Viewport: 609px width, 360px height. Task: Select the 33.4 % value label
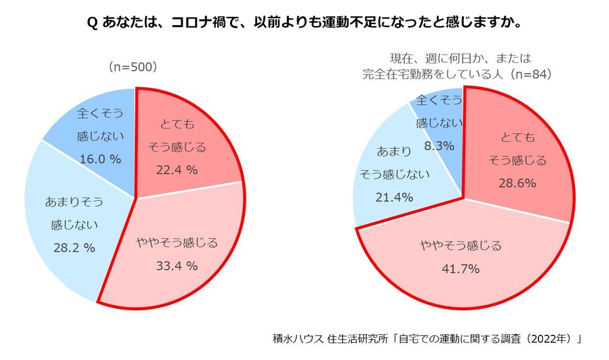click(176, 265)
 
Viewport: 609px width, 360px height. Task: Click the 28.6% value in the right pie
click(516, 183)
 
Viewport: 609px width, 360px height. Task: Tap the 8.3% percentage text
click(439, 146)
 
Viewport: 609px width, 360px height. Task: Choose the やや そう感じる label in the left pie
click(176, 243)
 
